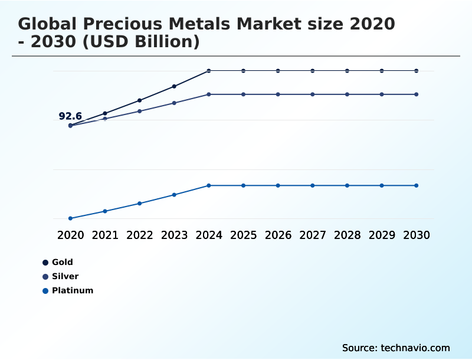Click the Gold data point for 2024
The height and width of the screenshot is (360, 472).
[x=209, y=71]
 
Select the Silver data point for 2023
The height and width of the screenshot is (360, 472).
[x=174, y=103]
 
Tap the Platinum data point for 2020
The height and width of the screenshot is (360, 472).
[x=70, y=218]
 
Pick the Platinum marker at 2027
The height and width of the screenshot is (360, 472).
[x=313, y=185]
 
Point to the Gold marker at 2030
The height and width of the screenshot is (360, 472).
[x=417, y=71]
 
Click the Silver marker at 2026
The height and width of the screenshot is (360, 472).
[x=278, y=94]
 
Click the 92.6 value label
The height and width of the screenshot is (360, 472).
[x=70, y=116]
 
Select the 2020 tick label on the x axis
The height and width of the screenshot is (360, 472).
[x=70, y=235]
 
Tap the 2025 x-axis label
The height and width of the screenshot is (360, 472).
[x=243, y=235]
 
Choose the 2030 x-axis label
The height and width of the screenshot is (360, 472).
[x=417, y=235]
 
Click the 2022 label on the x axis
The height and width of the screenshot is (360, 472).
[x=140, y=235]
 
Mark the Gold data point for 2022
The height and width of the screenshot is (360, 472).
[x=140, y=100]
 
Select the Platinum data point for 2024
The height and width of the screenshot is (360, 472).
[x=209, y=185]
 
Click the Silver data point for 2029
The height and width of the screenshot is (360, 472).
[x=382, y=94]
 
